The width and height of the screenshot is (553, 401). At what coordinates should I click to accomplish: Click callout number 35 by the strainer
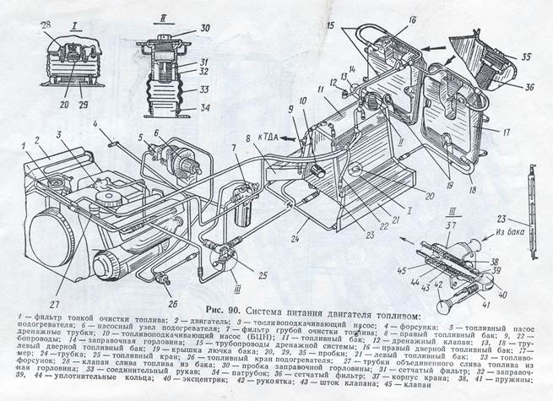coord(529,57)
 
